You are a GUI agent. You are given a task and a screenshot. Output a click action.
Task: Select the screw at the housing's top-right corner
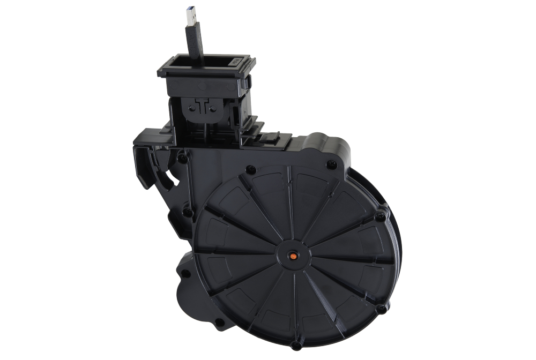pyautogui.click(x=332, y=164)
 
